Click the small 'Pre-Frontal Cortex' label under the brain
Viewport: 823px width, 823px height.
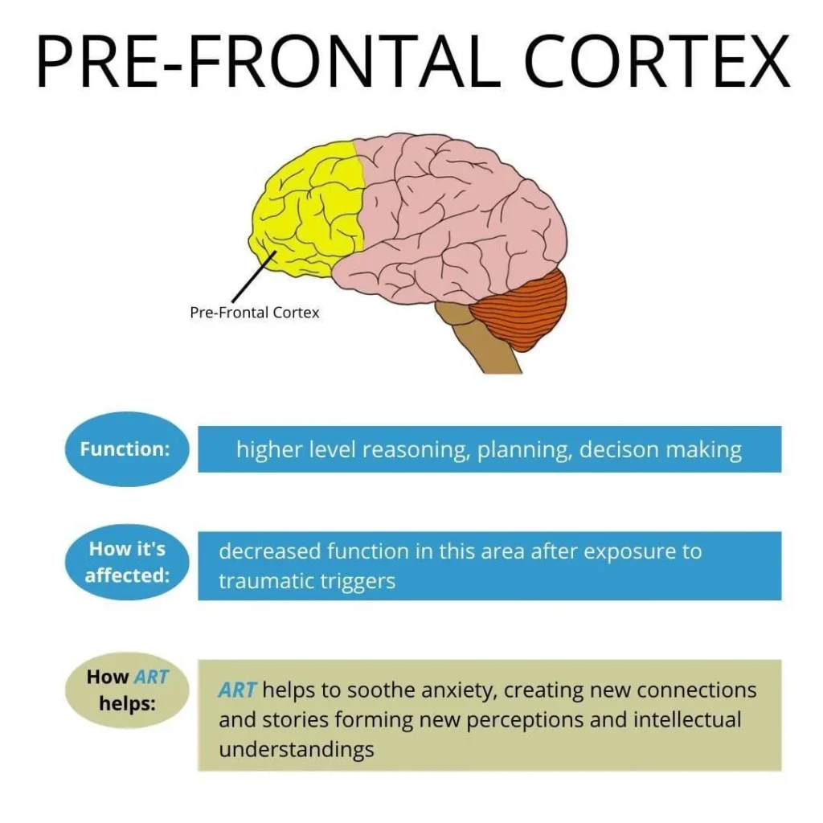point(254,313)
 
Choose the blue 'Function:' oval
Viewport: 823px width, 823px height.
point(125,449)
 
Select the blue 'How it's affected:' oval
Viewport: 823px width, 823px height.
point(125,563)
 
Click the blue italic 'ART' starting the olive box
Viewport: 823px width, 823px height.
point(237,690)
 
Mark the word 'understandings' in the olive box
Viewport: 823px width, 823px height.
point(296,750)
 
